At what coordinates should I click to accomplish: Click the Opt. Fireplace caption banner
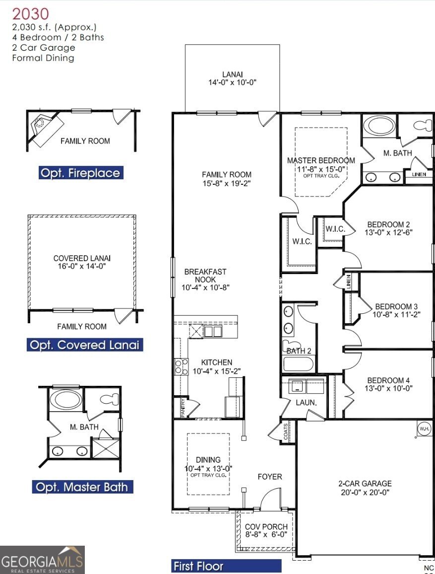point(81,173)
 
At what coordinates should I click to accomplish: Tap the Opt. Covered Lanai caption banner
point(85,345)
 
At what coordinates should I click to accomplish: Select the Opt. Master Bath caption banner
point(82,487)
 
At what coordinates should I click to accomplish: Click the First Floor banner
point(226,566)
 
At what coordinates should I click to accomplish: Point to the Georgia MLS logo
point(42,560)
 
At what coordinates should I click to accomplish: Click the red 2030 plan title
point(31,14)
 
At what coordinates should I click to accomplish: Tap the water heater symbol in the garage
point(424,429)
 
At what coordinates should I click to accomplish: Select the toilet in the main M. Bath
point(423,126)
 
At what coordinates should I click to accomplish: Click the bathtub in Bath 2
point(298,364)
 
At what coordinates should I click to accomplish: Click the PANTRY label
point(183,408)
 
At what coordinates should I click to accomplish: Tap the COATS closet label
point(286,431)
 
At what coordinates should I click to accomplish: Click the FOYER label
point(270,477)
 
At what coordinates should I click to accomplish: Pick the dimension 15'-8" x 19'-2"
point(227,183)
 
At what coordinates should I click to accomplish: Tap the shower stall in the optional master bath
point(105,448)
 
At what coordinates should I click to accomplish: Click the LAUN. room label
point(307,402)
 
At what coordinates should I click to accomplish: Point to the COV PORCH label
point(266,526)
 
